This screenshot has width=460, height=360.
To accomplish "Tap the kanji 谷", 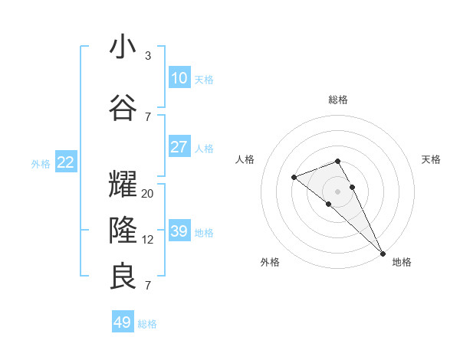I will pos(123,108).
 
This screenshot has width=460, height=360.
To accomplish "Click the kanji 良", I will pos(123,277).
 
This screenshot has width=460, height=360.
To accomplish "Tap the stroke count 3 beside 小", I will pos(148,56).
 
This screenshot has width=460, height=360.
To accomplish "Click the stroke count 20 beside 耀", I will pos(148,194).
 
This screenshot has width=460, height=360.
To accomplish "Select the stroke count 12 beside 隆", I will pos(148,240).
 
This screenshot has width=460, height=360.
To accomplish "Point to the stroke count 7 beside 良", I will pos(148,286).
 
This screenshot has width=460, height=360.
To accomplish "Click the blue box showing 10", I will pos(179,78).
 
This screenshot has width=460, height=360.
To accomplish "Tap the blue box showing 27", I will pos(179,147).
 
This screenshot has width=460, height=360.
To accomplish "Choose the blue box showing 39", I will pos(179,231).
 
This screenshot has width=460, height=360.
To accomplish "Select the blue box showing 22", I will pos(66,162).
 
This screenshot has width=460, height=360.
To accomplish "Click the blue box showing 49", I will pos(123,322).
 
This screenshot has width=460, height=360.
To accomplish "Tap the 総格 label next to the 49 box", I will pos(147,324).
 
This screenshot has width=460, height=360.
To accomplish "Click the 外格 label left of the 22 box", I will pos(41,163).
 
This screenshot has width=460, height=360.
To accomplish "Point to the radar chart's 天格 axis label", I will pos(431,159).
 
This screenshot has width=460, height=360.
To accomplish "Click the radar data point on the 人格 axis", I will pos(294,178).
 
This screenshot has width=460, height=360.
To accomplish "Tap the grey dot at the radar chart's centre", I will pos(338,191).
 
